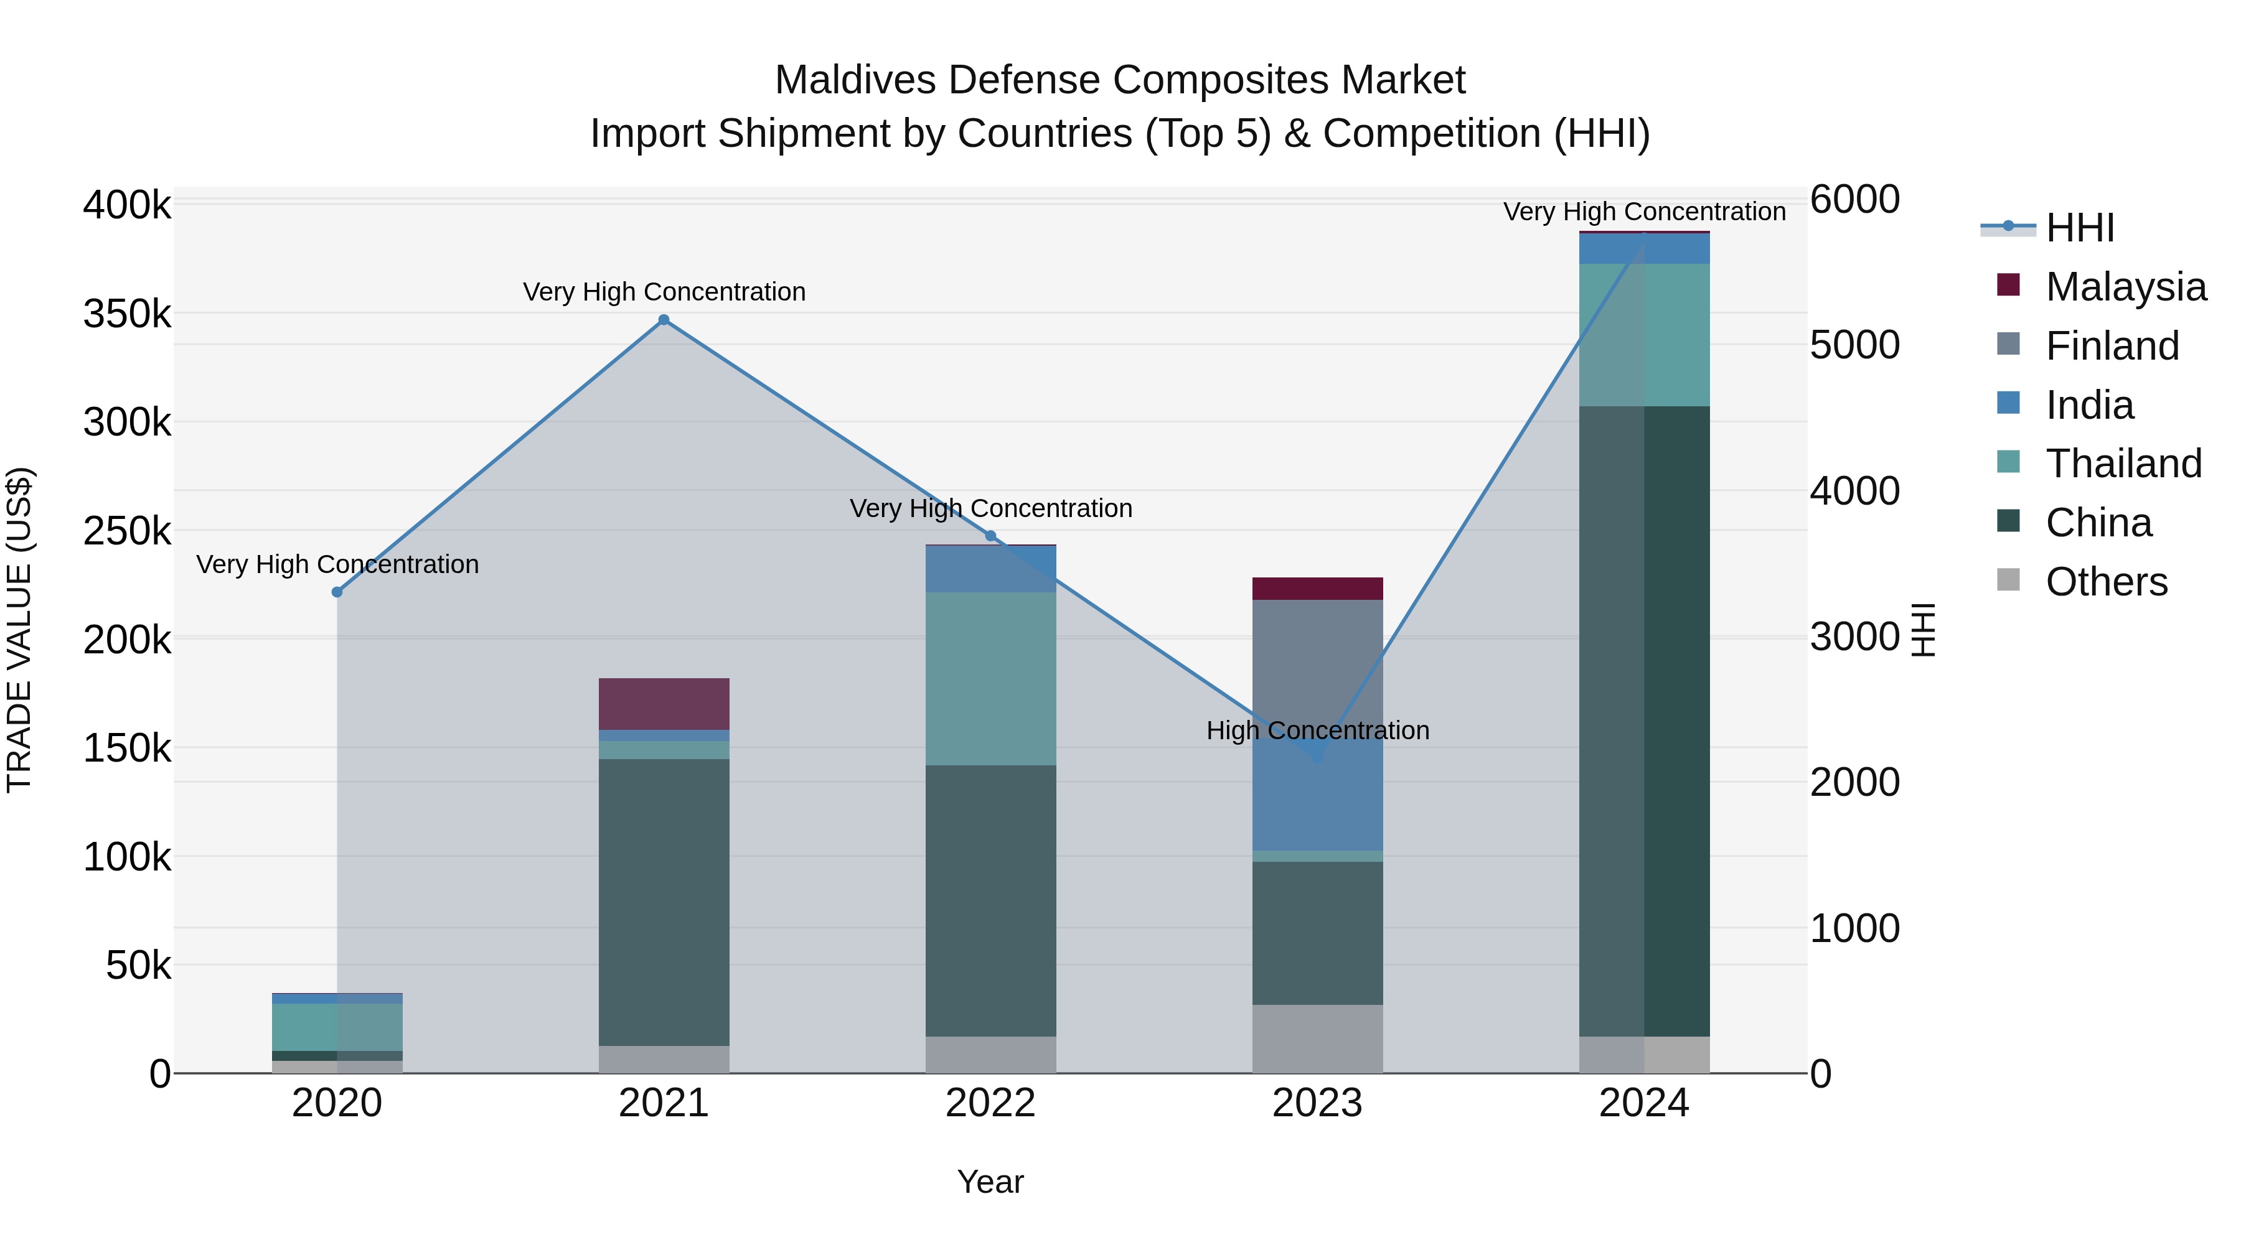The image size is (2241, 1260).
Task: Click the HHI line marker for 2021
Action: [664, 320]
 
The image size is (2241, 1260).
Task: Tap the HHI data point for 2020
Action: [337, 592]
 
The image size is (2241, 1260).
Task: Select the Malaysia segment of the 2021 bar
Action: [664, 704]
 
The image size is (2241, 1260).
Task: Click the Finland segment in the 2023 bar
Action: [1317, 661]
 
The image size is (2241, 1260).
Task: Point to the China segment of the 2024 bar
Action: [1644, 721]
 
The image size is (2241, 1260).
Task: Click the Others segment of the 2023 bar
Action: [1317, 1038]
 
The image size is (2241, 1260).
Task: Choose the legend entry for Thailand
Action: [2123, 464]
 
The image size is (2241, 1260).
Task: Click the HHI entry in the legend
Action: [2079, 228]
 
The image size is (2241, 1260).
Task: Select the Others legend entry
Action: [2105, 582]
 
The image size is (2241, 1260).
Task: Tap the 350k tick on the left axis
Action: [127, 314]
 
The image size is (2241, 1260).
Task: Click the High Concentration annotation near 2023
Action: [1317, 730]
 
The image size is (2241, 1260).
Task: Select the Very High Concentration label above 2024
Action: [1644, 212]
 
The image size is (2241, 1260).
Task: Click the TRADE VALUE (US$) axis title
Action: [20, 630]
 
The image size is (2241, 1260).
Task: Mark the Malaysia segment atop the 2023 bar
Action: [1317, 589]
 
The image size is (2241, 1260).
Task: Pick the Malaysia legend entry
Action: [2125, 287]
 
